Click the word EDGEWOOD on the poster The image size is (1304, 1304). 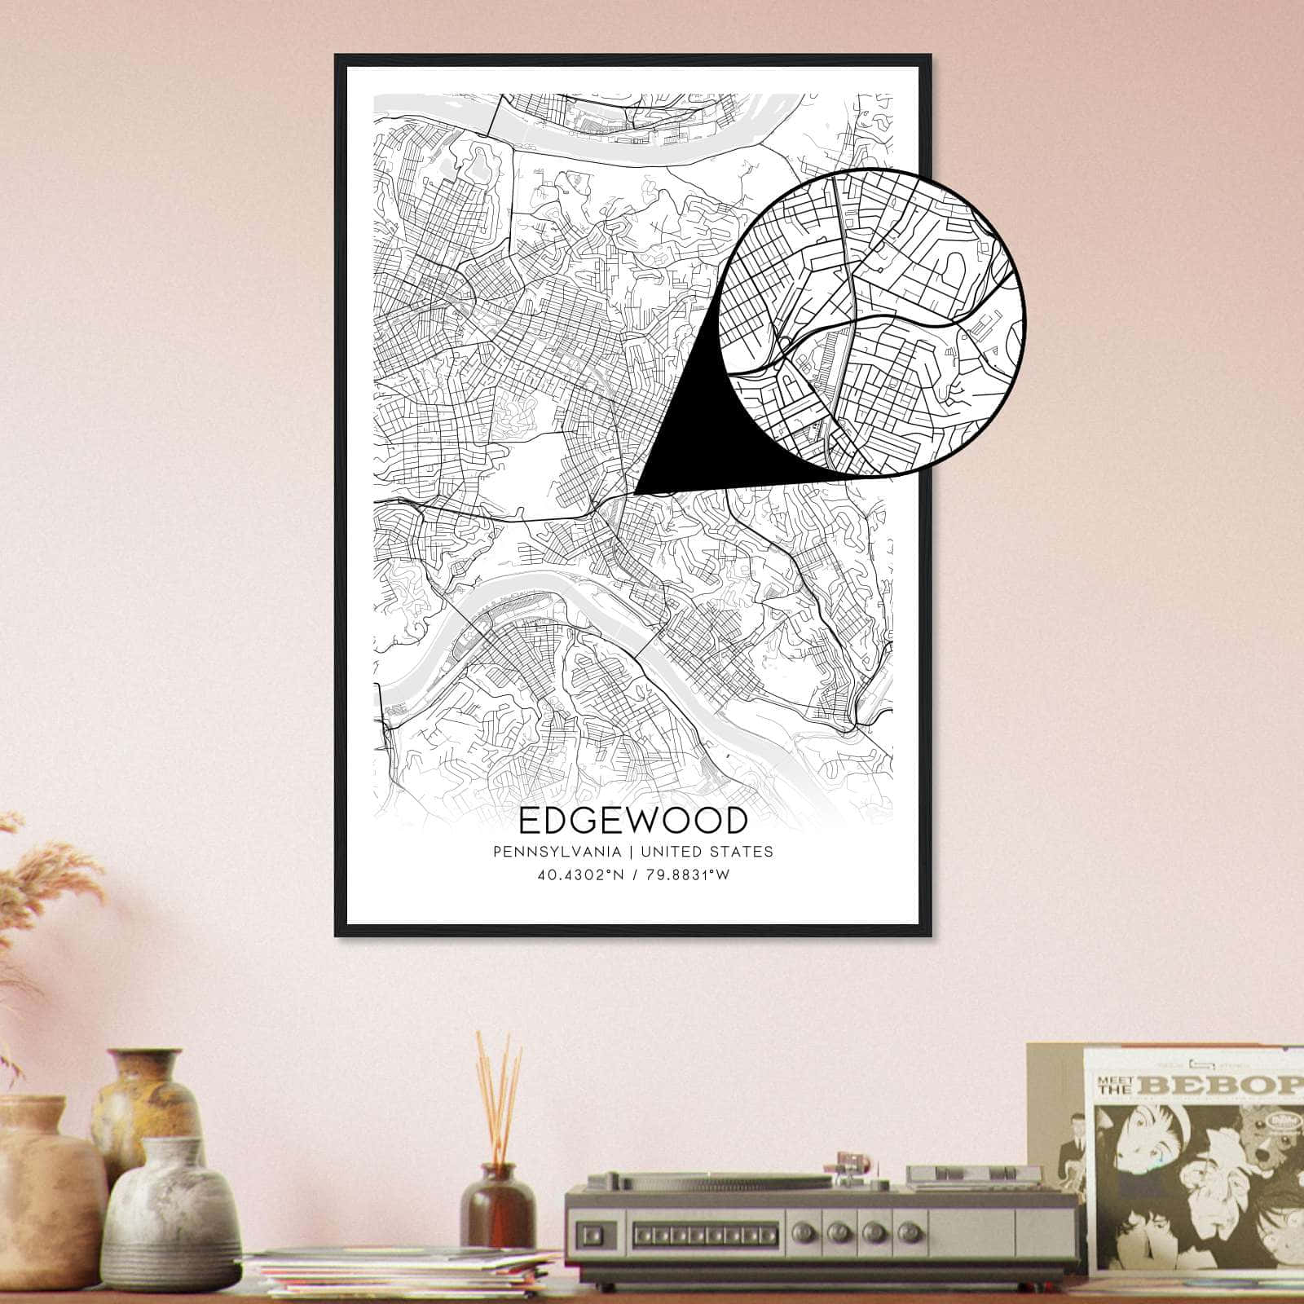(632, 821)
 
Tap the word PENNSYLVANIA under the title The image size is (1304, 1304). (556, 852)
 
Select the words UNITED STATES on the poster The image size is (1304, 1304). (707, 852)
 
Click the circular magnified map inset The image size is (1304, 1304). (874, 323)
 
